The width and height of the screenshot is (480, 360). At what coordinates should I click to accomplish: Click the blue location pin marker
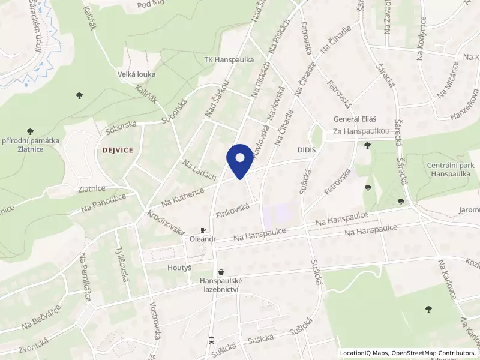pyautogui.click(x=240, y=160)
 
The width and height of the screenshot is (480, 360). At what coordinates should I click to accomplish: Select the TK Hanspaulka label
pyautogui.click(x=229, y=60)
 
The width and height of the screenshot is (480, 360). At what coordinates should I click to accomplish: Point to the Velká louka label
pyautogui.click(x=137, y=74)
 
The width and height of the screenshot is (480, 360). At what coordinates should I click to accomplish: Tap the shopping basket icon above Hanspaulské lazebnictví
pyautogui.click(x=222, y=272)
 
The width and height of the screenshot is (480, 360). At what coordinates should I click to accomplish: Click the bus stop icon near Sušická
pyautogui.click(x=211, y=340)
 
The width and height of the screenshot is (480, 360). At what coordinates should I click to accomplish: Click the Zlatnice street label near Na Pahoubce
pyautogui.click(x=92, y=188)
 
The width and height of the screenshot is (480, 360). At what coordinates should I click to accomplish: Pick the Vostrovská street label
pyautogui.click(x=155, y=320)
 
